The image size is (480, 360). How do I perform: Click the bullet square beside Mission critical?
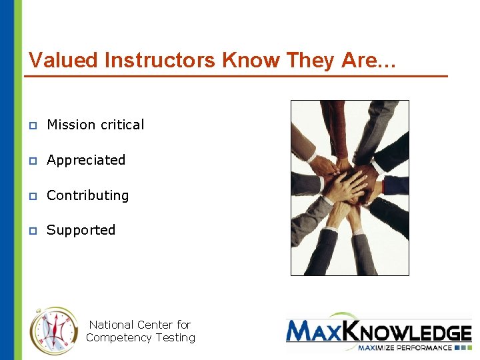(x=32, y=125)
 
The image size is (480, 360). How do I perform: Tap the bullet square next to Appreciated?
(x=32, y=161)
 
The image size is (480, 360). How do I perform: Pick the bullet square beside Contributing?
(x=32, y=196)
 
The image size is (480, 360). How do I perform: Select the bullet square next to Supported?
(x=32, y=231)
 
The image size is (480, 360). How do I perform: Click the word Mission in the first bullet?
(x=71, y=125)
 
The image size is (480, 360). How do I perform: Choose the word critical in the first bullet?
(x=122, y=125)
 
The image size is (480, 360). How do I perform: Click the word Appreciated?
(x=86, y=160)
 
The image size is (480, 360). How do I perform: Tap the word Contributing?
(x=87, y=195)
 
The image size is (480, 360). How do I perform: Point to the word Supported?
(x=81, y=230)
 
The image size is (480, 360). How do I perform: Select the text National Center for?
(x=140, y=325)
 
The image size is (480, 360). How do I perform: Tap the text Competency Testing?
(x=140, y=338)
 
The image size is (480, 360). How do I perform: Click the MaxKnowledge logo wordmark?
(x=379, y=331)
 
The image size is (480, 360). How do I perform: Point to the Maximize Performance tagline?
(x=404, y=347)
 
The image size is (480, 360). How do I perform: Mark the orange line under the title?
(x=236, y=77)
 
